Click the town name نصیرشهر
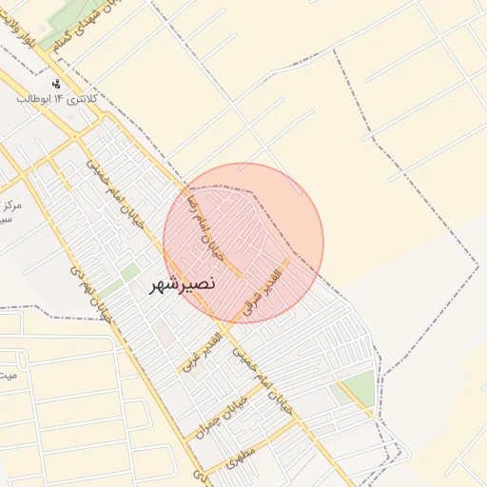(x=184, y=283)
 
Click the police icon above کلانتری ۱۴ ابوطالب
(x=56, y=84)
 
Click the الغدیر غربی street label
(x=202, y=352)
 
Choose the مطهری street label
(x=243, y=458)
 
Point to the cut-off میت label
(x=8, y=373)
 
